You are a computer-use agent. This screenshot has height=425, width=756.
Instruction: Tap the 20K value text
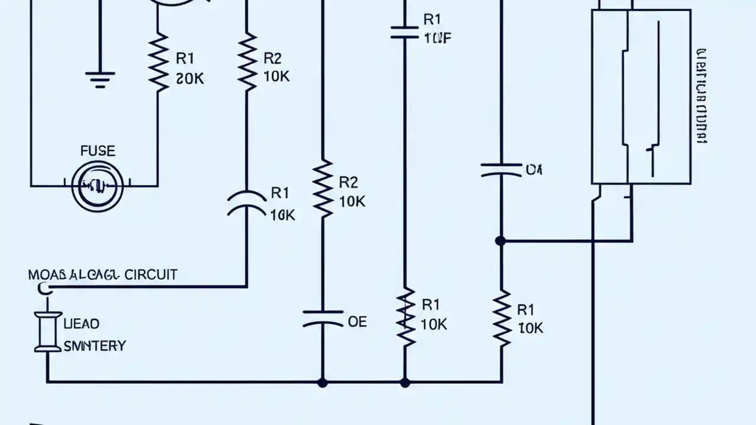click(x=190, y=79)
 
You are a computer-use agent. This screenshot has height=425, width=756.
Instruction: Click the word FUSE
click(x=97, y=151)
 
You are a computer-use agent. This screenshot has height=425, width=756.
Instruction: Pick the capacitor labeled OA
click(x=501, y=171)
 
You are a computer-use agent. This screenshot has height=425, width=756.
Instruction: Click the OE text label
click(x=357, y=322)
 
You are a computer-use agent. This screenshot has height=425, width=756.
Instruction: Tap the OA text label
click(x=534, y=171)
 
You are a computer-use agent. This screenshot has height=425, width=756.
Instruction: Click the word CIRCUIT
click(x=150, y=274)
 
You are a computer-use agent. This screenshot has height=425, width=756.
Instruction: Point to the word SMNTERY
click(x=94, y=346)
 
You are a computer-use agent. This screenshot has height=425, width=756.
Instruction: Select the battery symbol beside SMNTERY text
click(x=47, y=332)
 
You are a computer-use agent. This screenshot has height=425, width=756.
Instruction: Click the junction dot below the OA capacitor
click(x=501, y=241)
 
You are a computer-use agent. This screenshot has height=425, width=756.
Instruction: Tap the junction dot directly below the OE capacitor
click(x=322, y=382)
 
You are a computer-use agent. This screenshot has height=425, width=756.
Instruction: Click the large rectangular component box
click(x=641, y=97)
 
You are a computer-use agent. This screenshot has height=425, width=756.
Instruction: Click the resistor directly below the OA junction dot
click(x=501, y=318)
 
